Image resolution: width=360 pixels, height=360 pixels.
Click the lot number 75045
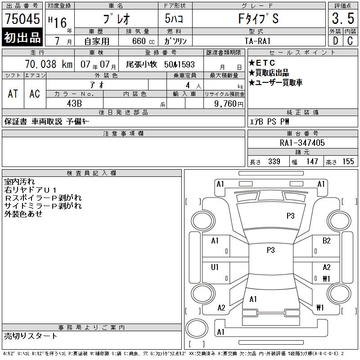[x=22, y=19]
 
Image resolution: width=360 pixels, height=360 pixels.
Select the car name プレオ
[x=117, y=19]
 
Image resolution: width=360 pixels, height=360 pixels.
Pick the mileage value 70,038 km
[x=49, y=64]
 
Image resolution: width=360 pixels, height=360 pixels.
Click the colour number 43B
[x=74, y=103]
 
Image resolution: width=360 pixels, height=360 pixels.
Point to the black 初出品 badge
[x=22, y=38]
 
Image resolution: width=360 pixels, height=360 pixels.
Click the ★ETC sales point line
[x=262, y=63]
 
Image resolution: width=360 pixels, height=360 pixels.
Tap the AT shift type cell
[x=13, y=94]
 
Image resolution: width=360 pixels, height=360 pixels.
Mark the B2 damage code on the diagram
[x=327, y=241]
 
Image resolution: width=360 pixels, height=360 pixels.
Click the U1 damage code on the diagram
[x=215, y=267]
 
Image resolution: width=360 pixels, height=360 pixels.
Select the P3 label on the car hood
[x=290, y=216]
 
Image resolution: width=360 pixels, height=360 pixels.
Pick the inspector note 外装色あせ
[x=23, y=214]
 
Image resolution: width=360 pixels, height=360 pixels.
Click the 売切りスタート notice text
[x=31, y=336]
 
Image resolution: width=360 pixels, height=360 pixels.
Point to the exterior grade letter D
[x=335, y=41]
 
